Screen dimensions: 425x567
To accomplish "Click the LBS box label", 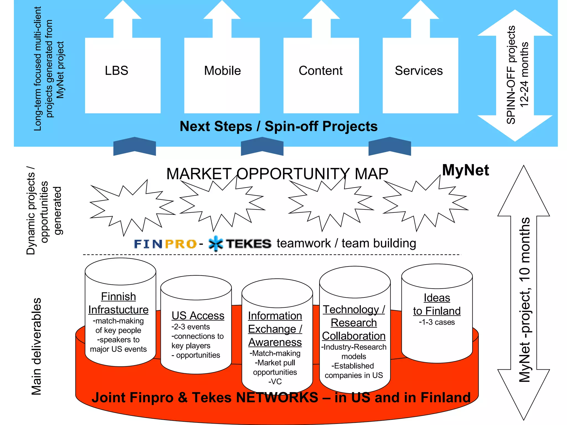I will [x=117, y=71].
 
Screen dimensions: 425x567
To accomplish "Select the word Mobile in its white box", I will [x=222, y=71].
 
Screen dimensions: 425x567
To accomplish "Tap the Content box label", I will [x=321, y=71].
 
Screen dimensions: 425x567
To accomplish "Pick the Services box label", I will [x=419, y=71].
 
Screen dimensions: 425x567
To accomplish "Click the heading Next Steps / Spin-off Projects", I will [x=279, y=126].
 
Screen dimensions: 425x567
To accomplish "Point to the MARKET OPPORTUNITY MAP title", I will [x=277, y=174].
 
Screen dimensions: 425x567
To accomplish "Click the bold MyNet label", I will [x=465, y=170].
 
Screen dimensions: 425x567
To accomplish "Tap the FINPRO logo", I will [x=165, y=244].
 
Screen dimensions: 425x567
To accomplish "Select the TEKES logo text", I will [x=248, y=244].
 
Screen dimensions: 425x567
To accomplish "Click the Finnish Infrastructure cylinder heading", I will [x=118, y=303].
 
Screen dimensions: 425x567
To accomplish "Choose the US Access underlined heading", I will [x=198, y=316].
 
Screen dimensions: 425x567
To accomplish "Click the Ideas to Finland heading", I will [x=437, y=304].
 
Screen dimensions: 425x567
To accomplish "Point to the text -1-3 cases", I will [x=437, y=322].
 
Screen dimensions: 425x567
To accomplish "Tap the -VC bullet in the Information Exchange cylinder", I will [x=275, y=382].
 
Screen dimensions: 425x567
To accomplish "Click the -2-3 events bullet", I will [x=190, y=327].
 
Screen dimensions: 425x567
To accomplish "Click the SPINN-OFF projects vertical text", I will [x=511, y=75].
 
